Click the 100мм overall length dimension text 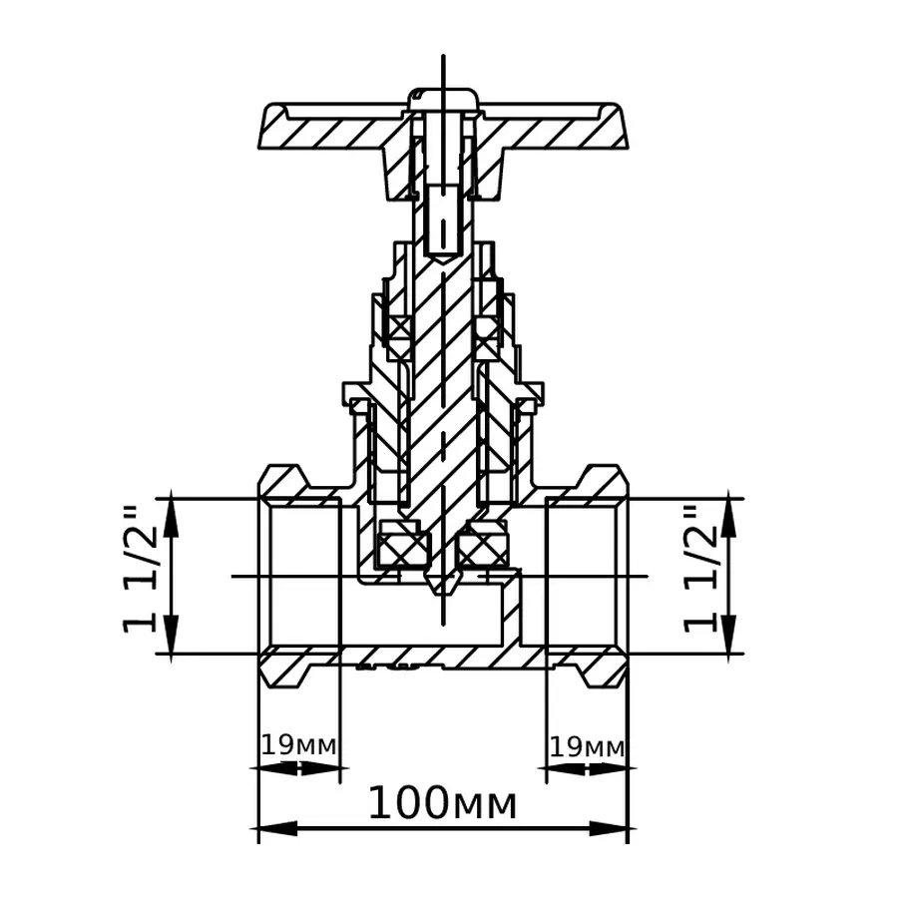click(x=443, y=803)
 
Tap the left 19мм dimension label click(x=299, y=745)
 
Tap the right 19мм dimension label click(x=588, y=745)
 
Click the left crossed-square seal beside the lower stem click(x=402, y=546)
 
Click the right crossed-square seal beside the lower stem click(x=482, y=546)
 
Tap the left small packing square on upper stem click(x=399, y=328)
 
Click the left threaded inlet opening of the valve click(x=299, y=576)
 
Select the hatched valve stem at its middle click(x=443, y=399)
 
